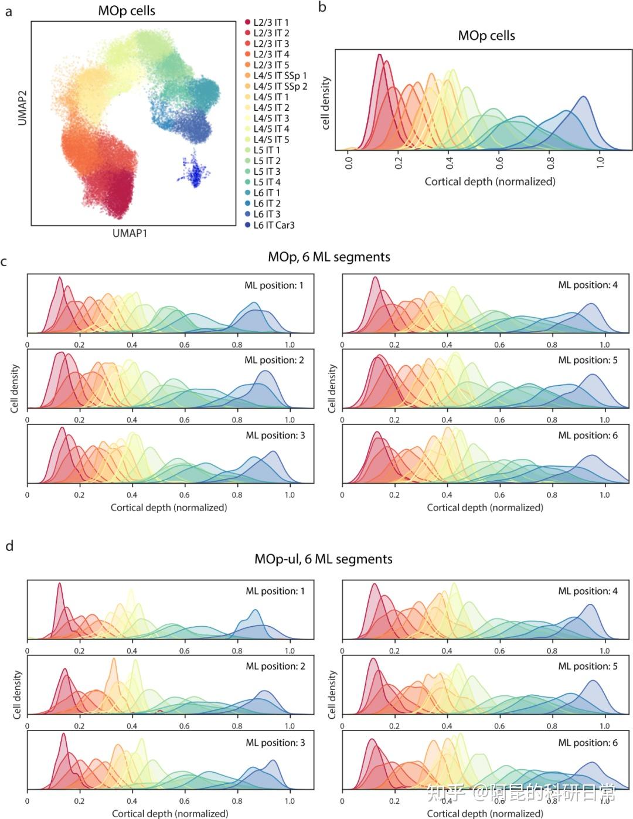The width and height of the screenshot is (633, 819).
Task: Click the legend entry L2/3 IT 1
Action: pyautogui.click(x=270, y=22)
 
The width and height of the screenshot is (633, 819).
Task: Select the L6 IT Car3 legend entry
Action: pyautogui.click(x=273, y=225)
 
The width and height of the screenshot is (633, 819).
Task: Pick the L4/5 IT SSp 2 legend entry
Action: pyautogui.click(x=280, y=86)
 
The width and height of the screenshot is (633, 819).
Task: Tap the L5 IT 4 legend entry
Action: pyautogui.click(x=267, y=182)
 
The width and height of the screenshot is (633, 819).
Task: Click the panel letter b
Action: pyautogui.click(x=322, y=8)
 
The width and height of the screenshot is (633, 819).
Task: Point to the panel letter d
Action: pyautogui.click(x=9, y=546)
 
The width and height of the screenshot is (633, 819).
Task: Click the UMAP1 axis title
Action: pyautogui.click(x=130, y=233)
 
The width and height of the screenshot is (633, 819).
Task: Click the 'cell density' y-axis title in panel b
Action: pyautogui.click(x=326, y=103)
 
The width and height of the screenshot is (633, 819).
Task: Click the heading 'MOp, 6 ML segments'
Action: pyautogui.click(x=329, y=257)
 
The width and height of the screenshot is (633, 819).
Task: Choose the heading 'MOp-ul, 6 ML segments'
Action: pyautogui.click(x=324, y=559)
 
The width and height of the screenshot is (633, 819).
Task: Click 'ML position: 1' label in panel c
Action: pyautogui.click(x=274, y=286)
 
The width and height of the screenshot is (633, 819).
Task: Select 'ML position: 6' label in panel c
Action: pyautogui.click(x=588, y=436)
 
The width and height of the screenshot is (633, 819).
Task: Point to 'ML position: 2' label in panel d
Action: pyautogui.click(x=275, y=667)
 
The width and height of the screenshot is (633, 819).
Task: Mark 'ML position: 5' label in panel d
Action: pyautogui.click(x=588, y=667)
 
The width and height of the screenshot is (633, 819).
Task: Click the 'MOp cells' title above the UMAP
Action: pyautogui.click(x=127, y=11)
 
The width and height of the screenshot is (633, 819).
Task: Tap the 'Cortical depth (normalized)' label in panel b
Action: pyautogui.click(x=490, y=182)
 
